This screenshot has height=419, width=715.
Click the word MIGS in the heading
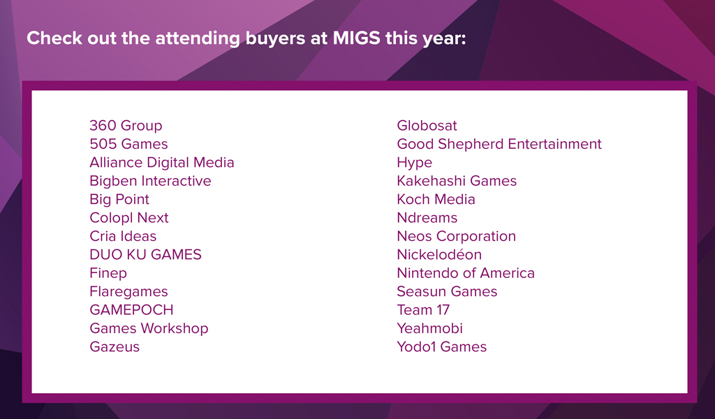tap(356, 38)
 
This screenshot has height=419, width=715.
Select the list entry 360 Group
tap(126, 126)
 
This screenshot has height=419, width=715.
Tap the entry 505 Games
tap(128, 144)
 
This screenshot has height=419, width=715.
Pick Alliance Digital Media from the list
tap(162, 162)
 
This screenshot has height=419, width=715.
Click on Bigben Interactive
tap(151, 181)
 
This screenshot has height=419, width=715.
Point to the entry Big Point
tap(119, 199)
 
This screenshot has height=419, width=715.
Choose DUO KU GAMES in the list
tap(145, 254)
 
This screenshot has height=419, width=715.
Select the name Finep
tap(108, 273)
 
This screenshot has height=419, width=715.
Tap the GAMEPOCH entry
tap(131, 310)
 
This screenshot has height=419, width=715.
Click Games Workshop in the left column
tap(149, 328)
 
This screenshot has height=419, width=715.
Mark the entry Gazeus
tap(115, 347)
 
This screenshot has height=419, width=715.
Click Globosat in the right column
tap(427, 126)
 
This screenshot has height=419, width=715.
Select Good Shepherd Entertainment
tap(499, 144)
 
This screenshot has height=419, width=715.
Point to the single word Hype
tap(415, 163)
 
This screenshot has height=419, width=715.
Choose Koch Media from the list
tap(436, 199)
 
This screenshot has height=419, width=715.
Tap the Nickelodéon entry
tap(439, 254)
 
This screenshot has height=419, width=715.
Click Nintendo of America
tap(466, 273)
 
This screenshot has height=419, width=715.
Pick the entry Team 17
tap(423, 310)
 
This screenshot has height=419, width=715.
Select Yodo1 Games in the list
tap(442, 347)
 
